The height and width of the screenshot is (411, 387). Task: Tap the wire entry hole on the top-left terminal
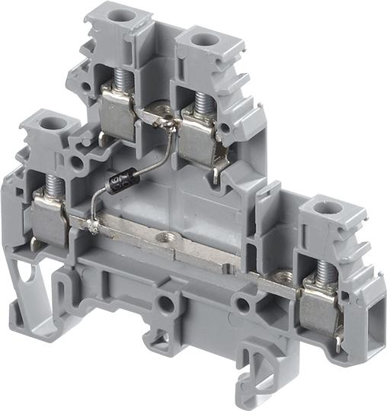[117, 14]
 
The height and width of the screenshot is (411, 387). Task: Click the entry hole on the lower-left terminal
[52, 121]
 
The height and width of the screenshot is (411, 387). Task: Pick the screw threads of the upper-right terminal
[202, 101]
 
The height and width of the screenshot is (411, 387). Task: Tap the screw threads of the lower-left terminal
[53, 185]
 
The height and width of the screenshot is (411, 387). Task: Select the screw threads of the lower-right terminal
[323, 271]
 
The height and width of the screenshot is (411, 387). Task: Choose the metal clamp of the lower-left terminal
[50, 220]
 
